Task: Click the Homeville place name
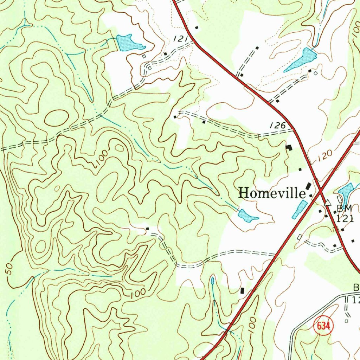tap(272, 193)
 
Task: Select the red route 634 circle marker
tap(323, 326)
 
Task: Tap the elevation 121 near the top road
tap(180, 39)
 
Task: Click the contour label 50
tap(9, 269)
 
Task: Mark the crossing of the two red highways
tap(320, 192)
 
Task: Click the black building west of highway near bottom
tap(242, 290)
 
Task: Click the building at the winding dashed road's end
tap(147, 229)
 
